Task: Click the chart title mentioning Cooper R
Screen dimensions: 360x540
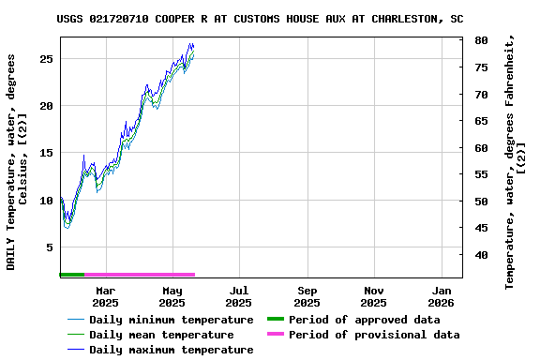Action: pos(260,18)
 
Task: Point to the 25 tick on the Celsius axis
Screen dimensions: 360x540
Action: pos(46,58)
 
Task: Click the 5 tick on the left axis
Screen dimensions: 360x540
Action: pos(50,247)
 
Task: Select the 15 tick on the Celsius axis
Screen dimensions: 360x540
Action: pos(46,153)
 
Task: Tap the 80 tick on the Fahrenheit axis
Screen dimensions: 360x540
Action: pos(480,40)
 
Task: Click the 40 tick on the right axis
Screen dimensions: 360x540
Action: pos(480,255)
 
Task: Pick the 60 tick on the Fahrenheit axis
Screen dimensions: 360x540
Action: pos(480,148)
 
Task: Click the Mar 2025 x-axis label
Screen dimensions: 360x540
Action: pos(105,296)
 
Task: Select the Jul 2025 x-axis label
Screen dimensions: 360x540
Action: pos(239,296)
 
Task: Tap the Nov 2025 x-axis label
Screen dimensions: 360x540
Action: pos(373,296)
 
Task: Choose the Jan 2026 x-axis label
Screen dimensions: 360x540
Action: pos(441,296)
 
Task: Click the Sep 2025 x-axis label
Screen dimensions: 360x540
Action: pos(307,296)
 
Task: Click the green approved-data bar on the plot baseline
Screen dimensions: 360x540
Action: pos(72,275)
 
